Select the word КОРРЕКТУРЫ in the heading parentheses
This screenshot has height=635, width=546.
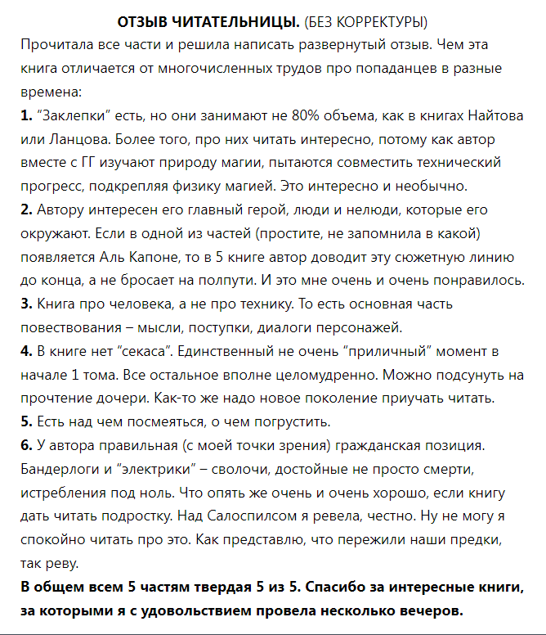[x=383, y=20]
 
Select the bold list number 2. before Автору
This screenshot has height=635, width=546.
[x=26, y=210]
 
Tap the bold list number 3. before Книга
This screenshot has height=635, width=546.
[x=26, y=304]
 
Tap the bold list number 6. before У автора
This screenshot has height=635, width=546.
[x=26, y=447]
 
